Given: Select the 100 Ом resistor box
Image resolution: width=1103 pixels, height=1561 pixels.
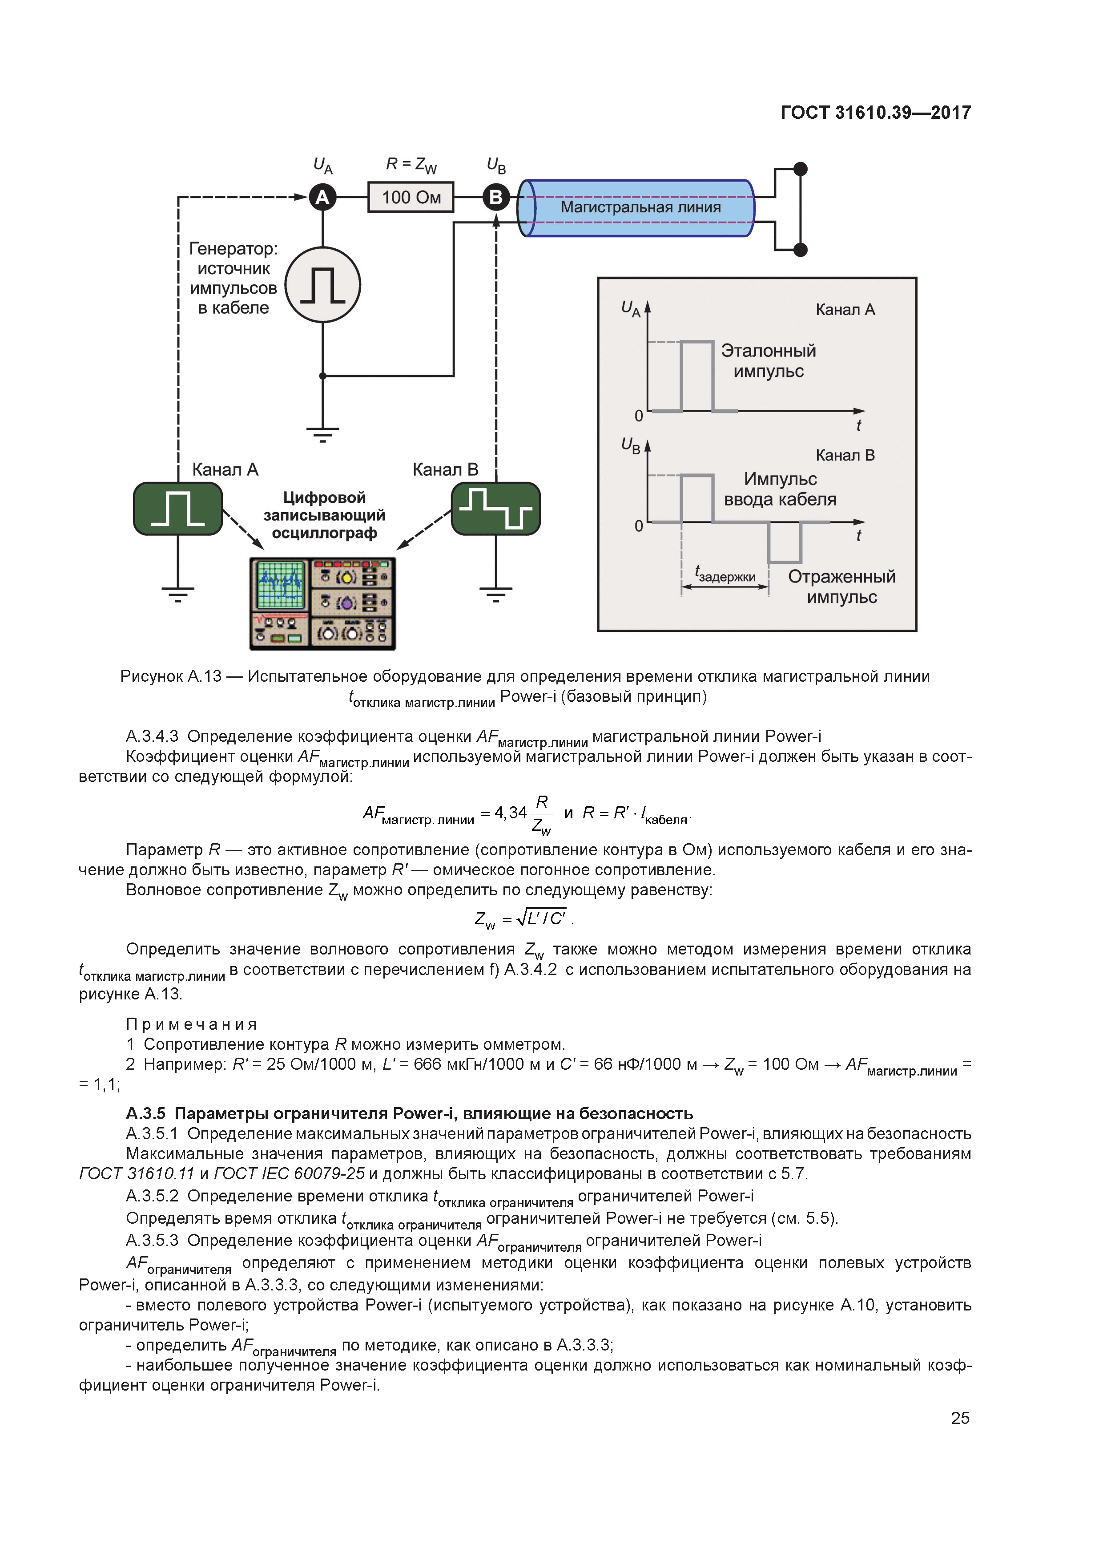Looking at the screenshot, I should tap(411, 197).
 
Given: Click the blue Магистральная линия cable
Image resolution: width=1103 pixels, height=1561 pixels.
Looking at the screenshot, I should tap(639, 207).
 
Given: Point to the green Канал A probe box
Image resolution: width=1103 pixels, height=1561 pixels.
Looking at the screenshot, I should tap(178, 509).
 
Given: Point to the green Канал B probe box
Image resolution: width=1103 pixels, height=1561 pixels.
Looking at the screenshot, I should tap(495, 509).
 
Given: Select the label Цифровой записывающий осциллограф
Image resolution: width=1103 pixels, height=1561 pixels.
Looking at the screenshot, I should tap(324, 515).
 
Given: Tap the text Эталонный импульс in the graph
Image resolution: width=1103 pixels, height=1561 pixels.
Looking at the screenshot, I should tap(768, 361).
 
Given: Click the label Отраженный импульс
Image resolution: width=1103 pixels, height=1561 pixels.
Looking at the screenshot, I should tap(841, 587).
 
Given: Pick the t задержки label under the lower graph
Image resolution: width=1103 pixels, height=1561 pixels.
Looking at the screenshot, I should tap(725, 575).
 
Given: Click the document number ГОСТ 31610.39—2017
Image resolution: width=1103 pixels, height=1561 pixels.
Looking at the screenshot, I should tap(875, 112).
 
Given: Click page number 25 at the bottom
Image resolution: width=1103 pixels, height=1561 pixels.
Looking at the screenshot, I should tap(960, 1418).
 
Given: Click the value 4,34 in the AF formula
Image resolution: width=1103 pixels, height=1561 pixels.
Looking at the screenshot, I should tap(511, 813).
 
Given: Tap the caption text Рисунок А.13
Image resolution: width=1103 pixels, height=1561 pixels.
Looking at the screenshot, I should tap(171, 676).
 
